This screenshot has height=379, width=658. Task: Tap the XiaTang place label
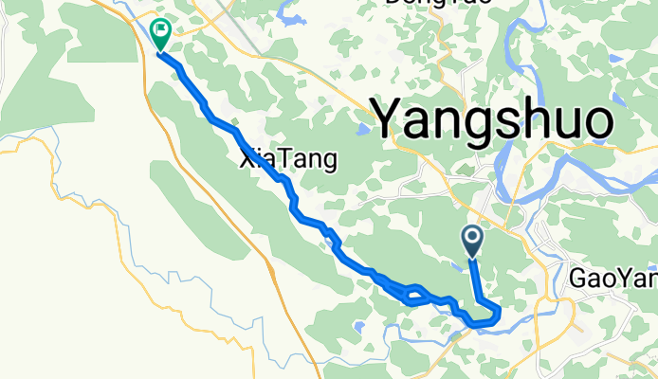[288, 160]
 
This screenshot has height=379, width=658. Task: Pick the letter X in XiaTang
[249, 160]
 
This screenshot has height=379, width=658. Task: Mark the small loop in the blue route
[411, 295]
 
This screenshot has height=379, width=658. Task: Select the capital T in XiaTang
[291, 160]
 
